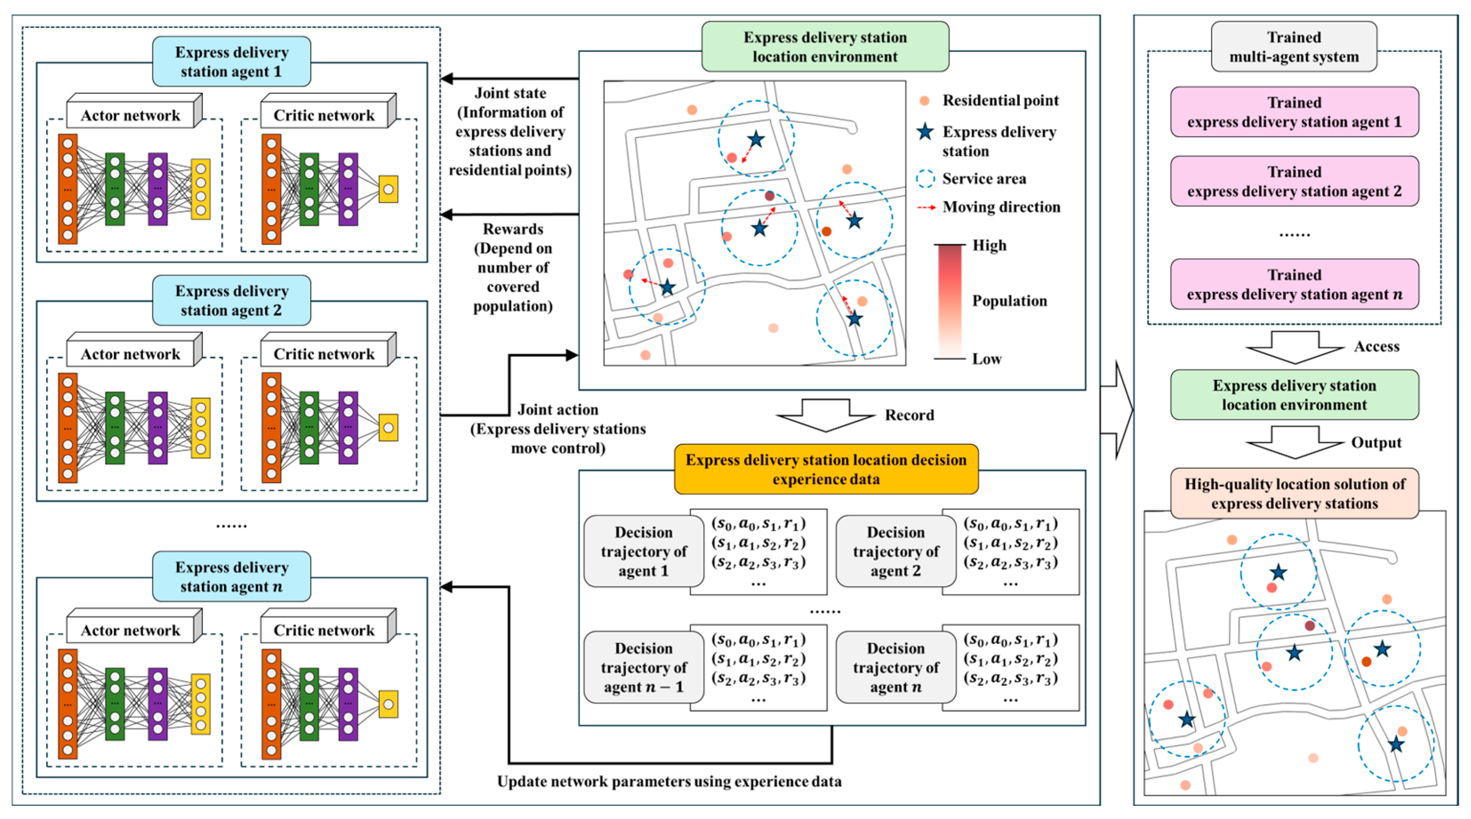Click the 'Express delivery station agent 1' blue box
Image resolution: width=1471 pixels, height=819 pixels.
pyautogui.click(x=231, y=62)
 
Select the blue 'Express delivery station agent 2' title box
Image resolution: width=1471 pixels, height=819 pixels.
pyautogui.click(x=231, y=300)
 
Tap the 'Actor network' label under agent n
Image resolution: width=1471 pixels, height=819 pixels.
pyautogui.click(x=130, y=630)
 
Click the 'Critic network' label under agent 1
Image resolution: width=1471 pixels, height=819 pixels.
pyautogui.click(x=324, y=116)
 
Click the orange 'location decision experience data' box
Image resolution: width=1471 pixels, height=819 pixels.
pyautogui.click(x=826, y=469)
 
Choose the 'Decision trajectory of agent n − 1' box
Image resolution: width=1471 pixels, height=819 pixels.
pyautogui.click(x=644, y=667)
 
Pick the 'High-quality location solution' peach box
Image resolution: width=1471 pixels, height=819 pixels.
pyautogui.click(x=1294, y=493)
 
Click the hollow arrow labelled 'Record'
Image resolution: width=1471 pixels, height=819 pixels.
pyautogui.click(x=826, y=415)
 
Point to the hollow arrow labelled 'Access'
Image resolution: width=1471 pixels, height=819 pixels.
pyautogui.click(x=1295, y=347)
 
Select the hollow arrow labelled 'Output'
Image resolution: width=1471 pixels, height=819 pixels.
pyautogui.click(x=1295, y=443)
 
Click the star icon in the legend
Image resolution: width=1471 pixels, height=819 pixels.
pyautogui.click(x=925, y=132)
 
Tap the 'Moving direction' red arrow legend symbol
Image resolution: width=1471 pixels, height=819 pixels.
pyautogui.click(x=926, y=208)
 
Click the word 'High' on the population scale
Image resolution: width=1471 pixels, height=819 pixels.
pyautogui.click(x=989, y=246)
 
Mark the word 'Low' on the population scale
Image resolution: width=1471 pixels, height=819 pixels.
pyautogui.click(x=987, y=359)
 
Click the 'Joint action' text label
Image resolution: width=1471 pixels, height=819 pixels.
pyautogui.click(x=558, y=410)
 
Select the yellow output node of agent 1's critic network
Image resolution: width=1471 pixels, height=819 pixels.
pyautogui.click(x=388, y=189)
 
